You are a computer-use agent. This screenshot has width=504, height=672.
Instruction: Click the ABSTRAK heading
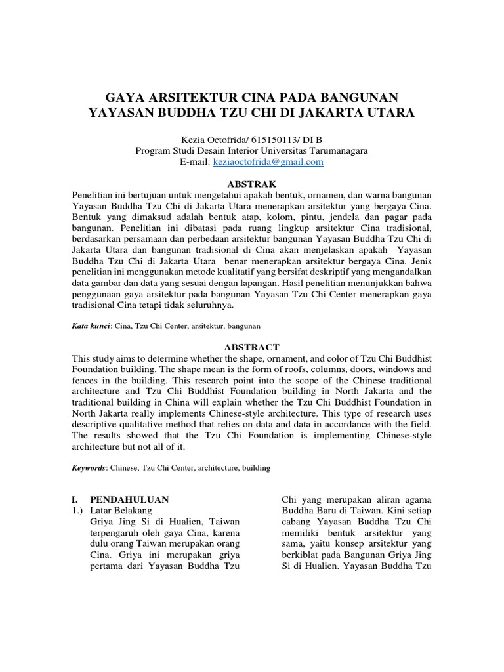[251, 184]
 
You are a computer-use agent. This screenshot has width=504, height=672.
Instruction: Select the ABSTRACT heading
[251, 347]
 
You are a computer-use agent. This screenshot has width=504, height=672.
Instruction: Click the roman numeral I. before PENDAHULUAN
[75, 499]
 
